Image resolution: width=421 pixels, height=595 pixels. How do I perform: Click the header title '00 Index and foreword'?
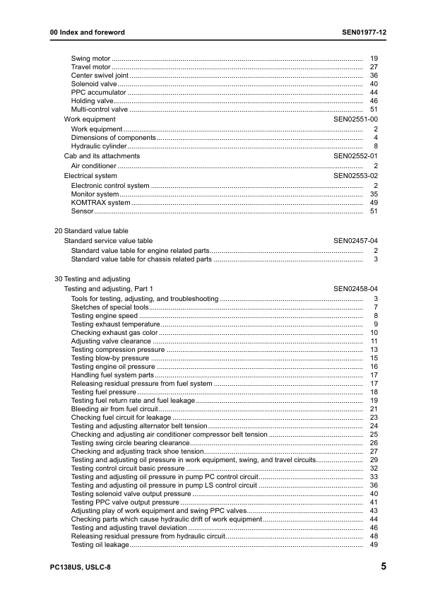[x=87, y=33]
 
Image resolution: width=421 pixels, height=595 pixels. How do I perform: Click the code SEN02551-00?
[x=355, y=120]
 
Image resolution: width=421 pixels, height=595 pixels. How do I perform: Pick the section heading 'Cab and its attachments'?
[x=102, y=156]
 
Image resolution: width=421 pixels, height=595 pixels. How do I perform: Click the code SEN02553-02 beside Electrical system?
[x=355, y=175]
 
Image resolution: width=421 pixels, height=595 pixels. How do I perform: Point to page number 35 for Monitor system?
[x=374, y=194]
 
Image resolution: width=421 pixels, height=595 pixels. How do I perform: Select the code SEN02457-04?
[x=355, y=241]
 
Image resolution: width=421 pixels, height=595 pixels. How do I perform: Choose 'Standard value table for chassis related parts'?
[x=141, y=259]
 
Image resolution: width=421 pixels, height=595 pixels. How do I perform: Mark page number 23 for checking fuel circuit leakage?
[x=374, y=418]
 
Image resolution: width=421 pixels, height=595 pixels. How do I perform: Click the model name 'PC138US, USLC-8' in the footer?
[x=80, y=567]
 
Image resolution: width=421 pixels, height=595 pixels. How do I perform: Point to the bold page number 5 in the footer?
[x=383, y=567]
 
